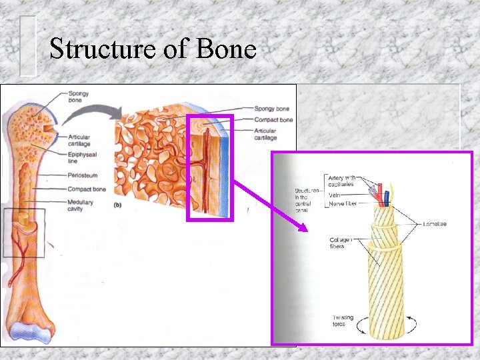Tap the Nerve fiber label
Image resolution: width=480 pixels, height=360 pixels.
point(346,203)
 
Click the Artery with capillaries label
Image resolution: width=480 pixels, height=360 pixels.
point(350,181)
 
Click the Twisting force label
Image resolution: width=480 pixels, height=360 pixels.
point(344,320)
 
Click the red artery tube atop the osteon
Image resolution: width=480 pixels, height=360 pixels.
point(379,197)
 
